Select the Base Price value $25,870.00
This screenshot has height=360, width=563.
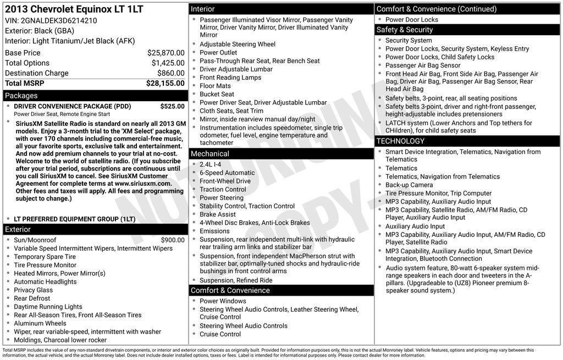click(x=165, y=53)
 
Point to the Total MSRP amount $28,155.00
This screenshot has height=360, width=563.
click(x=165, y=83)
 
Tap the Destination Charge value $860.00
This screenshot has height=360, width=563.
click(x=170, y=73)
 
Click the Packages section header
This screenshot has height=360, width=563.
click(x=21, y=96)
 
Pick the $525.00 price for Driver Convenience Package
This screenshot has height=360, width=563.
click(x=172, y=106)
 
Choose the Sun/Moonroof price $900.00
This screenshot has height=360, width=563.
click(x=173, y=240)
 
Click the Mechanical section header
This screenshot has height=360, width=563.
click(x=210, y=154)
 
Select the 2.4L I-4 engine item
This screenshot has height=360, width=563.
click(x=210, y=164)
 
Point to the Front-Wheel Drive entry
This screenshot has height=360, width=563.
click(x=225, y=181)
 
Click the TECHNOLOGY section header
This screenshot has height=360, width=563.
click(x=400, y=141)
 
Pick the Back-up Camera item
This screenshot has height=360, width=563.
click(x=409, y=185)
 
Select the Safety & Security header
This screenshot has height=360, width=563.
click(x=404, y=30)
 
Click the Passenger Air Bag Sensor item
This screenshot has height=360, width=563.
click(x=423, y=65)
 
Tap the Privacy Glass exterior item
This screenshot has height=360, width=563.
click(x=33, y=290)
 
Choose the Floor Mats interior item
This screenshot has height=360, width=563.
click(x=215, y=86)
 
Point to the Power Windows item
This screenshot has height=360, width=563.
click(x=223, y=301)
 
